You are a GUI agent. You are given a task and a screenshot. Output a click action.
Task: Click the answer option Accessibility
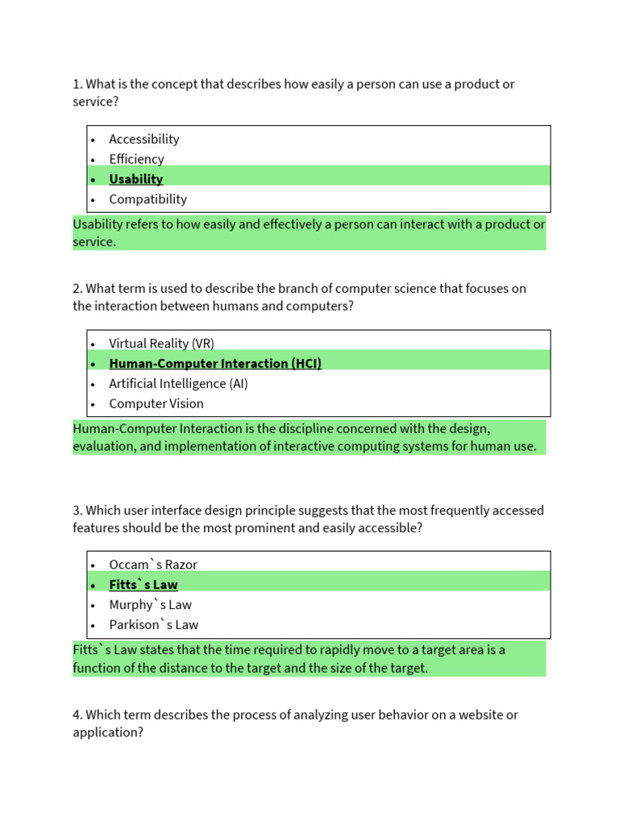[x=143, y=140]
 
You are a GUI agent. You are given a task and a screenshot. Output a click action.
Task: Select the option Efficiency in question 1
[x=136, y=160]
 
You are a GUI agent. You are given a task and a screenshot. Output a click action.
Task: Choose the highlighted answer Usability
[x=135, y=179]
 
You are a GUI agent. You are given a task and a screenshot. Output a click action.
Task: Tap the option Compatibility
[x=147, y=199]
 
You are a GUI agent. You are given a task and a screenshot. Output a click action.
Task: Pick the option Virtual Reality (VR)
[x=161, y=344]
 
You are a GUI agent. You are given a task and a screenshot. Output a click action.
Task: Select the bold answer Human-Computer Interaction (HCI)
[x=215, y=364]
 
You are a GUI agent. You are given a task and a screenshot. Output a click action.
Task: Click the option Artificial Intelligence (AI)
[x=178, y=384]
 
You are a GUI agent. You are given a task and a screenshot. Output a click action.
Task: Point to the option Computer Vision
[x=156, y=404]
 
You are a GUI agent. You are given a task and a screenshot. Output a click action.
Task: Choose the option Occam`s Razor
[x=152, y=565]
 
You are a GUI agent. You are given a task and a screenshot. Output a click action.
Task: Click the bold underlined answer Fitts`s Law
[x=143, y=585]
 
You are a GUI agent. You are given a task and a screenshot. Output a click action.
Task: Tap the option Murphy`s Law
[x=150, y=605]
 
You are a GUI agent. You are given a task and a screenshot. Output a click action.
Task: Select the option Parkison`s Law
[x=153, y=625]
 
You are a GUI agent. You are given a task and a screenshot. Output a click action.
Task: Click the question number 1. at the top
[x=77, y=84]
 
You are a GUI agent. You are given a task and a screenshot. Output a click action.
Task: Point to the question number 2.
[x=77, y=289]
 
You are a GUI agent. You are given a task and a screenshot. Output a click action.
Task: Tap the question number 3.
[x=77, y=511]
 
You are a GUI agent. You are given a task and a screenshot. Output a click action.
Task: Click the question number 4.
[x=77, y=715]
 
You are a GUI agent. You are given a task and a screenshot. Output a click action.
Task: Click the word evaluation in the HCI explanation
[x=102, y=447]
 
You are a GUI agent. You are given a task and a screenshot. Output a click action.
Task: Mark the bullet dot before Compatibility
[x=93, y=200]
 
